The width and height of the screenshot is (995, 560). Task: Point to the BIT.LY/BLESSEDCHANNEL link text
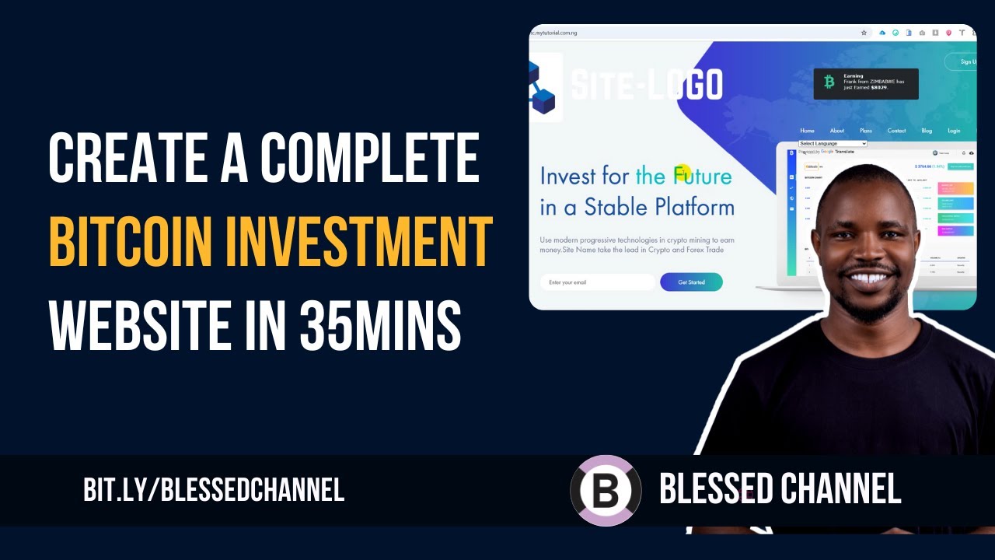pos(214,490)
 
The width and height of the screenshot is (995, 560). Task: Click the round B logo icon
pos(606,491)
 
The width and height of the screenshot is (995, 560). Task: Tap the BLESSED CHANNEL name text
pos(780,489)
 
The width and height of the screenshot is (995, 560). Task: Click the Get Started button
pos(691,282)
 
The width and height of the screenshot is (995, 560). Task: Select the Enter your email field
pos(597,282)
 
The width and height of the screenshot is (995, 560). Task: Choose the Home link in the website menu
pos(807,131)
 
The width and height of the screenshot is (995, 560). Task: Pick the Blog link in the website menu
pos(927,131)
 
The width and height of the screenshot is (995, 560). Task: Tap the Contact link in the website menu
pos(896,131)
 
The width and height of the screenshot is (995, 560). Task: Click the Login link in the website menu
pos(954,131)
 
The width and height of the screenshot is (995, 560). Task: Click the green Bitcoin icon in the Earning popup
pos(829,82)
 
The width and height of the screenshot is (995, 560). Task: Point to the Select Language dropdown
pos(832,144)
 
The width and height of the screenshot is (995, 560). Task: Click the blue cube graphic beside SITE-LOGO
pos(542,90)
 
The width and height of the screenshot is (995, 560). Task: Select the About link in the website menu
pos(836,131)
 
